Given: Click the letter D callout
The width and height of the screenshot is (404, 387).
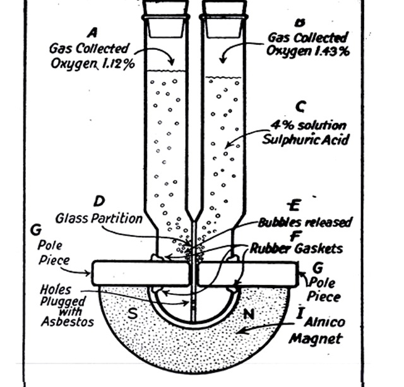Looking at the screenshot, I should (x=98, y=202).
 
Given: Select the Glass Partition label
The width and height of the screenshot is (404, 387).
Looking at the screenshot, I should (x=98, y=218).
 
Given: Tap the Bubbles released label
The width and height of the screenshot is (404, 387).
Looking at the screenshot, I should (x=305, y=222).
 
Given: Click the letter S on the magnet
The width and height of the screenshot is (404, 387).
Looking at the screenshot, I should (x=134, y=313).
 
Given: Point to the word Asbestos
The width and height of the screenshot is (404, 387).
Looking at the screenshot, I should (x=66, y=323).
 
